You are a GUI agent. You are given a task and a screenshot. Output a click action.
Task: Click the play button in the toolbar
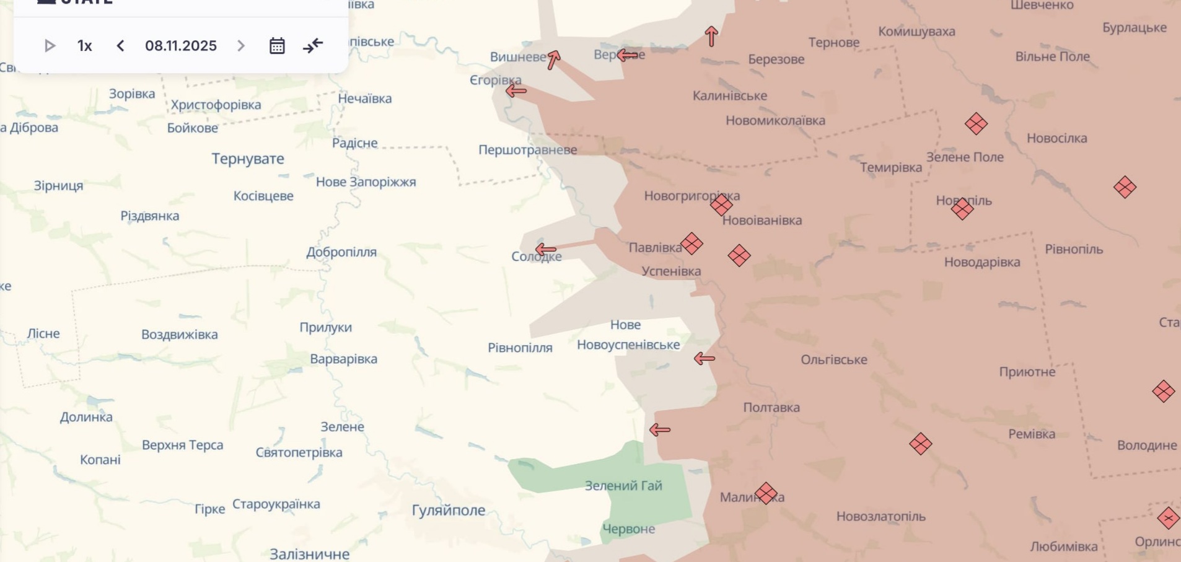pos(50,46)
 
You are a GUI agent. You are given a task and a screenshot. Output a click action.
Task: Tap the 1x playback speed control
pos(85,46)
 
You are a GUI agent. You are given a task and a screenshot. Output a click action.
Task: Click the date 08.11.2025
pos(181,46)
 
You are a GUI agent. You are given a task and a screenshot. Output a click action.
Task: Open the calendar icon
pos(277,46)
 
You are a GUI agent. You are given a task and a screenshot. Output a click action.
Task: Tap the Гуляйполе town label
pos(449,510)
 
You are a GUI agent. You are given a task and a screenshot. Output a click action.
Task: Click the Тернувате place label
pos(248,159)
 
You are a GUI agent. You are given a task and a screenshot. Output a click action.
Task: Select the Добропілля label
pos(341,252)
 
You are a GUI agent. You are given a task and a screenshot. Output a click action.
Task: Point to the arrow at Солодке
pos(545,250)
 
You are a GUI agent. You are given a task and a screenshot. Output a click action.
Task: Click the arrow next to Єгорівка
pos(516,91)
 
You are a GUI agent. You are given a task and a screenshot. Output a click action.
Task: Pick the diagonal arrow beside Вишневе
pos(553,59)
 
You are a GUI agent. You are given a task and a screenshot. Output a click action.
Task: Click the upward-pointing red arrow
pos(711,37)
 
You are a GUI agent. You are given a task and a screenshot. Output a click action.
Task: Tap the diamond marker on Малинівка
pos(766,493)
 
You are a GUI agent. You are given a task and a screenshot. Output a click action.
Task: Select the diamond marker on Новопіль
pos(962,209)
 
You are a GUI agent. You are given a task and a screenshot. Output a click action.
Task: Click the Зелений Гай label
pos(623,486)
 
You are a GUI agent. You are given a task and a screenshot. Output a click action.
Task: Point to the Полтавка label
pos(771,408)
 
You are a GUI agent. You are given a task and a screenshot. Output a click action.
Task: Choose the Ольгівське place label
pos(834,360)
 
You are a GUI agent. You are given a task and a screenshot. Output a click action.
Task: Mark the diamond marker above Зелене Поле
pos(976,124)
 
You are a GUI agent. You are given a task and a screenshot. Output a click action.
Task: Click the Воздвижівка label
pos(180,335)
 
